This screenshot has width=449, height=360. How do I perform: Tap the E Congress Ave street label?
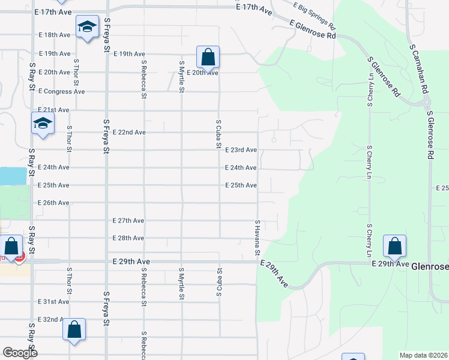(62, 92)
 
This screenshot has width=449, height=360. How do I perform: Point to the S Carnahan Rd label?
(419, 68)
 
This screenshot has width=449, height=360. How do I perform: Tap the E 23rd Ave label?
(241, 150)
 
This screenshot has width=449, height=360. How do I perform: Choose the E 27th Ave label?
(128, 221)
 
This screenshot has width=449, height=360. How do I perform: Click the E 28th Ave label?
(128, 238)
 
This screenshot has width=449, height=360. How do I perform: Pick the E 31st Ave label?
(53, 302)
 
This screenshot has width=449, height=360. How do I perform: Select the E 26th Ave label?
(53, 203)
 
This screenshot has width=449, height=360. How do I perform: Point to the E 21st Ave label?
(53, 110)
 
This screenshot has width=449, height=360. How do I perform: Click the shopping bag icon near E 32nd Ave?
(74, 329)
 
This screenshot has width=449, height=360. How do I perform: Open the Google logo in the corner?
(20, 353)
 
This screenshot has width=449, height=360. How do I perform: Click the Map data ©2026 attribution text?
(423, 355)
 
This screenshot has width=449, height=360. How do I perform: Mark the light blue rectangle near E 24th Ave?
(13, 176)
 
